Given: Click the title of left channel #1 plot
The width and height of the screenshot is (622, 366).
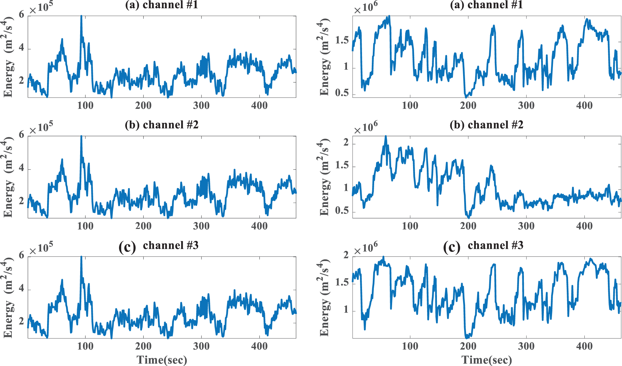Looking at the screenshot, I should pos(162,5).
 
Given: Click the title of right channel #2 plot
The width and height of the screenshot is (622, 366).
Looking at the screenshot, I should pos(486,125).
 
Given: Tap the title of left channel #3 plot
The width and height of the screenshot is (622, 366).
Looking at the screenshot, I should pos(159,246).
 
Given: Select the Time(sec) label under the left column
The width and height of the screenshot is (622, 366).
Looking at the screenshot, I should pos(162,360).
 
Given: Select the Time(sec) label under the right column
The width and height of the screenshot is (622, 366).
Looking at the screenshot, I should pos(487,360).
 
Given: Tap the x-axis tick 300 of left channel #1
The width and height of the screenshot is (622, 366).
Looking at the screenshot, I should pos(201,106).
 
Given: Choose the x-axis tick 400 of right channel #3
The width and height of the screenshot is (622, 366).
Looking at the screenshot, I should pos(584,346).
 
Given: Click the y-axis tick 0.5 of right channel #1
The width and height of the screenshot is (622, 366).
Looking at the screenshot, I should pos(342,93).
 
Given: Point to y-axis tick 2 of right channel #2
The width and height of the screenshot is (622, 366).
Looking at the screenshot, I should pos(346,143).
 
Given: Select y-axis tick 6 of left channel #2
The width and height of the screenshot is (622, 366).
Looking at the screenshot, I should pos(22,134).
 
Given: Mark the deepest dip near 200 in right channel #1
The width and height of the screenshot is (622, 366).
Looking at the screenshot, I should pos(466,97).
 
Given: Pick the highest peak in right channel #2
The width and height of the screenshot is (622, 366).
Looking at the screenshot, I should pos(386,136).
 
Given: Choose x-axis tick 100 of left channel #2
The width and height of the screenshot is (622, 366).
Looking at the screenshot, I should pos(85,226).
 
